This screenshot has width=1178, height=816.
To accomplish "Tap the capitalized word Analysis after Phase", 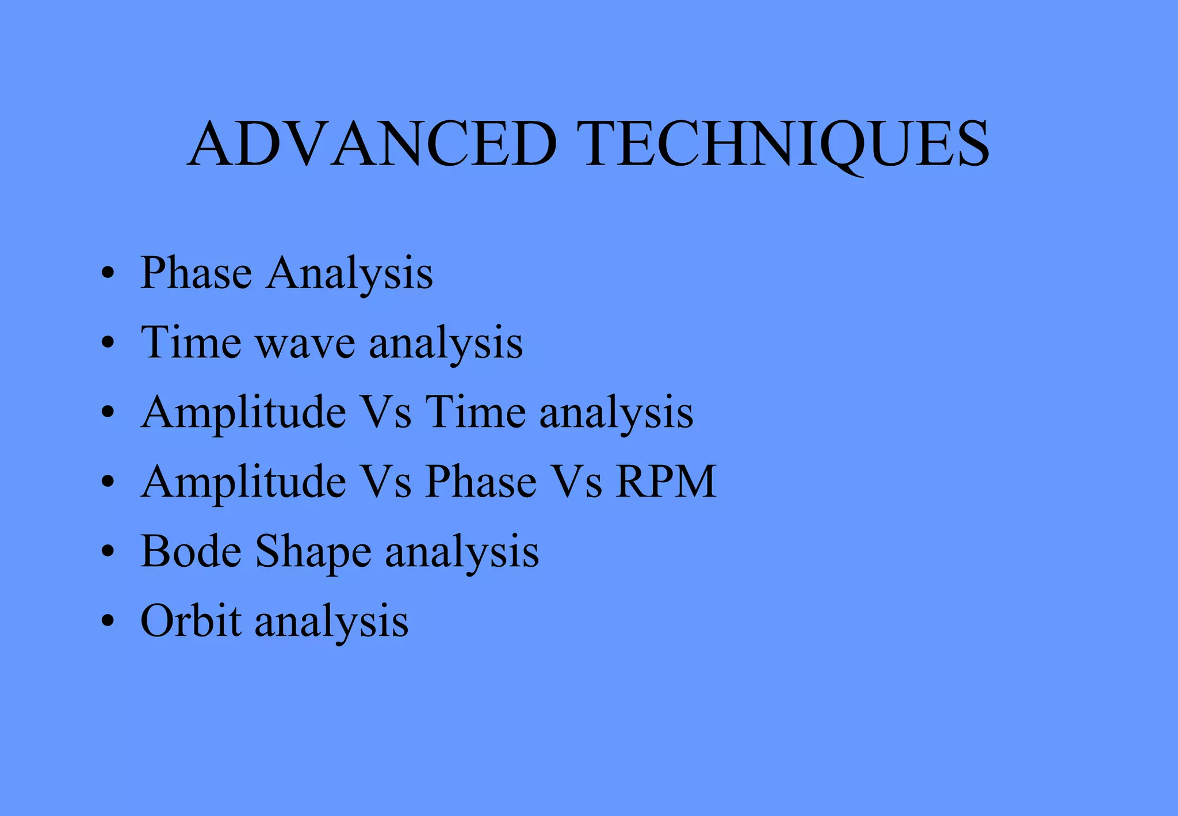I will [x=349, y=273].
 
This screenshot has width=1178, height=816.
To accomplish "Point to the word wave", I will [x=305, y=344].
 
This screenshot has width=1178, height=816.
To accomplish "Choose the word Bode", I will [x=191, y=551].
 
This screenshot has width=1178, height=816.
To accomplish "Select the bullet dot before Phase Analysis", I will [x=108, y=273].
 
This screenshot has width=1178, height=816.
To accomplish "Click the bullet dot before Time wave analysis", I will [x=108, y=343].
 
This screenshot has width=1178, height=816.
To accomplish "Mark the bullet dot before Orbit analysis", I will [x=108, y=621].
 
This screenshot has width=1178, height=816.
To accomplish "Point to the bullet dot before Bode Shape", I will [x=108, y=552].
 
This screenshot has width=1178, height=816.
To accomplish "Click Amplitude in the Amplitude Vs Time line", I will [x=244, y=413].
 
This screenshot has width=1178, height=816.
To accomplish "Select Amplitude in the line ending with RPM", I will [x=244, y=483].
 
